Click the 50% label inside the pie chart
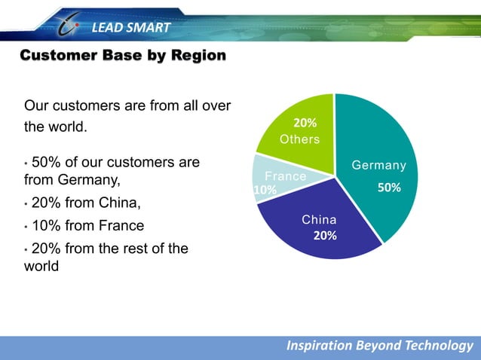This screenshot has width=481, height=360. click(389, 188)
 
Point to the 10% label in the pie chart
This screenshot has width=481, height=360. click(265, 191)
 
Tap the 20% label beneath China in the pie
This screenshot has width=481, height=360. click(325, 236)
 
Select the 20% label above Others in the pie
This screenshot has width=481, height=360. click(305, 123)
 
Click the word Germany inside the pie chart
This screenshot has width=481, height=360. click(379, 166)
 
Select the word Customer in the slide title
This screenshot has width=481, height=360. click(57, 56)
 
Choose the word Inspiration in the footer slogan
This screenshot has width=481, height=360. click(319, 345)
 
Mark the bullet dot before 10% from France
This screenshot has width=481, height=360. click(27, 227)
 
